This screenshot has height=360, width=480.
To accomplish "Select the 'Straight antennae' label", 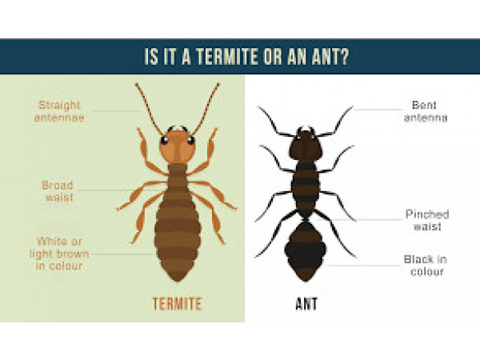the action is click(x=59, y=111).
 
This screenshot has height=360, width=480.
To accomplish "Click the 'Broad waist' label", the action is click(x=58, y=191).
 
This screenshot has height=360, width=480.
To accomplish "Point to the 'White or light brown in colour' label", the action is click(x=59, y=254).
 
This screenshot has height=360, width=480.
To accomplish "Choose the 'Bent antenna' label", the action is click(x=426, y=111).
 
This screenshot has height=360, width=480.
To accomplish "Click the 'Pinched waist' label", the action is click(x=427, y=220).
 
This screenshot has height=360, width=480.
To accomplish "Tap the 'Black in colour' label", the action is click(x=426, y=266).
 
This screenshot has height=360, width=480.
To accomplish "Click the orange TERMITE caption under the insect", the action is click(x=178, y=304).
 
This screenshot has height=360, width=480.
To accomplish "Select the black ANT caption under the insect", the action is click(x=306, y=304).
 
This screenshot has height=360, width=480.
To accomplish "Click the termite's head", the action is click(x=178, y=146).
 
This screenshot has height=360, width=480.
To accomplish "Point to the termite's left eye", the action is click(x=164, y=141).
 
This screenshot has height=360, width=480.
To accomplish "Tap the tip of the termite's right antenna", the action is click(x=218, y=84).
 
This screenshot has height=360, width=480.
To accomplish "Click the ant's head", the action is click(x=306, y=146).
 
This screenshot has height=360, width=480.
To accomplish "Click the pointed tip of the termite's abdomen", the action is click(x=178, y=281).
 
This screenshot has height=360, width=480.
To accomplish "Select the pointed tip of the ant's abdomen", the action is click(x=306, y=281).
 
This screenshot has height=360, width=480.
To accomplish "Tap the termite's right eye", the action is click(x=190, y=141).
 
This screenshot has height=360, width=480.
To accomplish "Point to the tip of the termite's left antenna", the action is click(x=136, y=84).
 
